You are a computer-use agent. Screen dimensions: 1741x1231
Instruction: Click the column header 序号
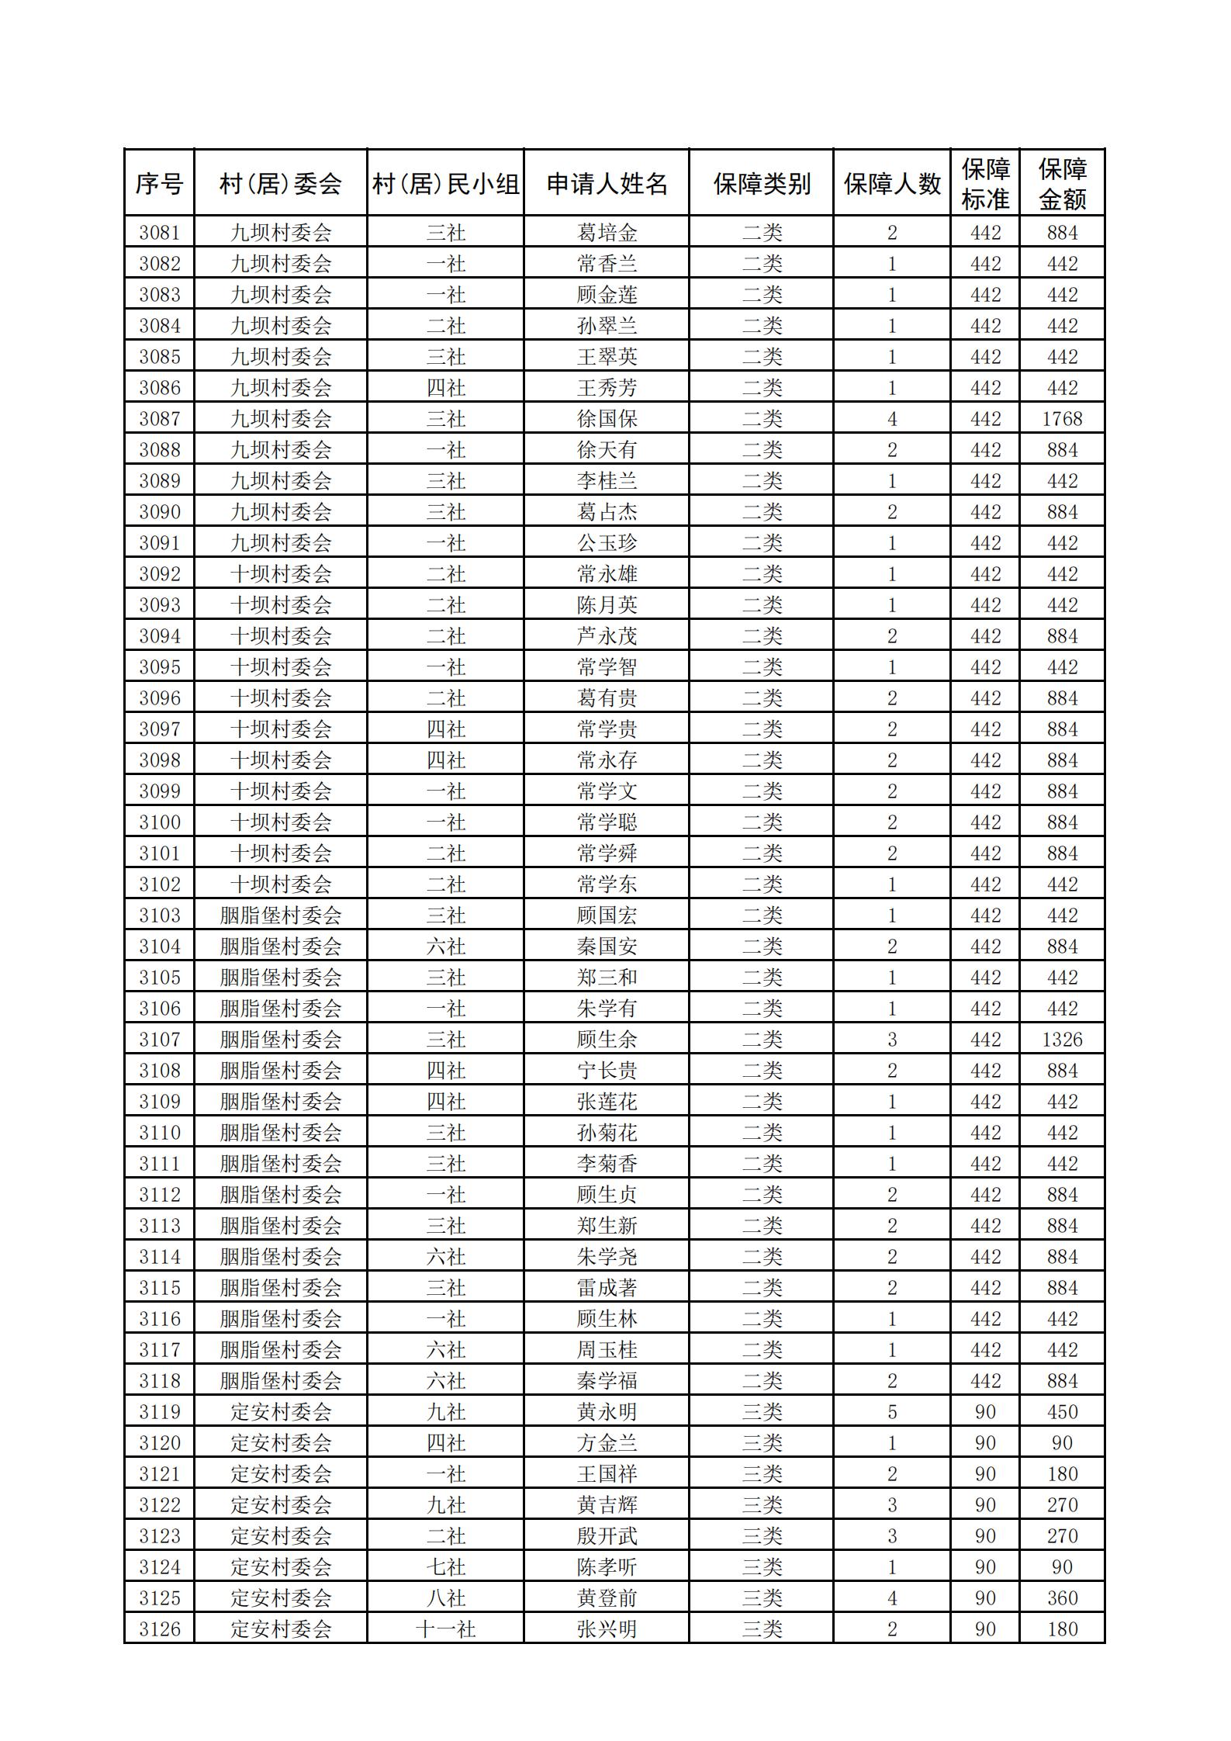[x=159, y=184]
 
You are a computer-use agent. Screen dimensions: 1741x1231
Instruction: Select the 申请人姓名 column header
[x=607, y=184]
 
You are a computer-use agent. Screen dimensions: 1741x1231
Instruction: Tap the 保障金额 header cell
[x=1062, y=184]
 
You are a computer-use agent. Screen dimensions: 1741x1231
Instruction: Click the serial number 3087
[x=159, y=419]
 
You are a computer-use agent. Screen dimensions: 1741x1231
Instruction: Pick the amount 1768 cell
[x=1062, y=419]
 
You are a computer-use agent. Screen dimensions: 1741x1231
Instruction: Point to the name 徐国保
[x=607, y=419]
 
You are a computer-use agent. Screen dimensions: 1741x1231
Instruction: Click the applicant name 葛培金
[x=607, y=233]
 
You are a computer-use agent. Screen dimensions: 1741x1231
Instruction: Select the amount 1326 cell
[x=1062, y=1040]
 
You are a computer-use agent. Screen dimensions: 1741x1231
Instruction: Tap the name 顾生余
[x=607, y=1040]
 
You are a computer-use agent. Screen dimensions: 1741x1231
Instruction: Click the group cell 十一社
[x=445, y=1629]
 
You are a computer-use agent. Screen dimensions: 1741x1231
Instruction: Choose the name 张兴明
[x=607, y=1629]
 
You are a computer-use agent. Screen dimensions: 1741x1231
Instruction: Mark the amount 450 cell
[x=1062, y=1412]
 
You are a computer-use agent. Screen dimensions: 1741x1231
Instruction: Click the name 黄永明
[x=607, y=1412]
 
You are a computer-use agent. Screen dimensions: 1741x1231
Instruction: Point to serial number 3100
[x=159, y=822]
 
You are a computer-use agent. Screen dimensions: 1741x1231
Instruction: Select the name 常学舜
[x=607, y=853]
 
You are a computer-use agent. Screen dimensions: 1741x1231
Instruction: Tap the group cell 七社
[x=445, y=1567]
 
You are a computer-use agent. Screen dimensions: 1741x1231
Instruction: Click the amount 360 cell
[x=1062, y=1598]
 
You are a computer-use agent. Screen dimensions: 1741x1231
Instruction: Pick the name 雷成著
[x=607, y=1288]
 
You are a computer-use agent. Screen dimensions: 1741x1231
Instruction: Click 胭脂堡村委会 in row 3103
[x=280, y=915]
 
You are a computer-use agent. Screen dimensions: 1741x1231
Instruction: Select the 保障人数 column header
[x=891, y=184]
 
